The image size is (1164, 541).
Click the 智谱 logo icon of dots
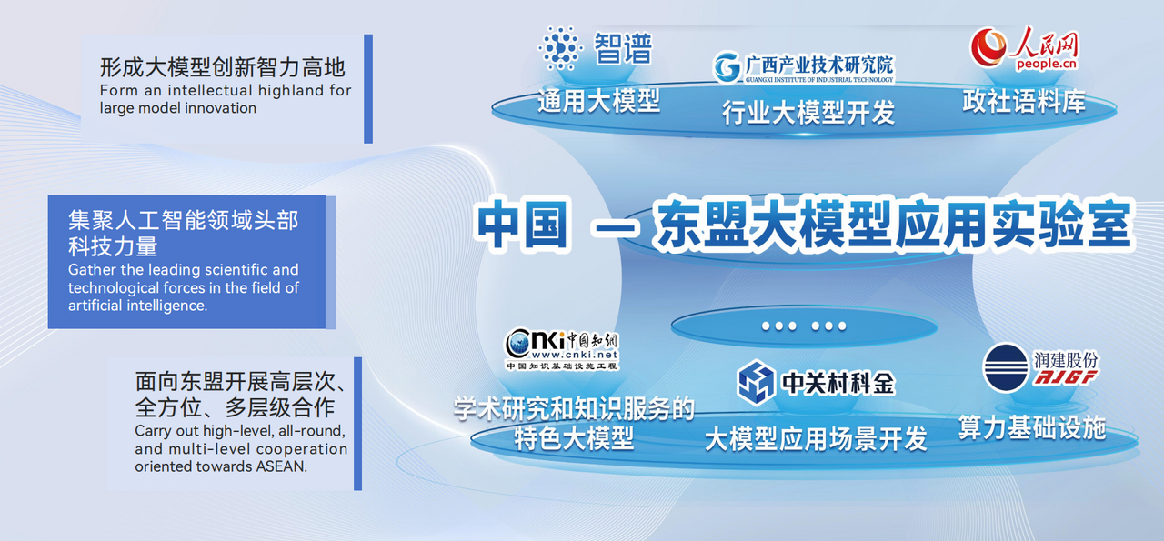(x=560, y=48)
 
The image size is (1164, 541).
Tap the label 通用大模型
(x=598, y=101)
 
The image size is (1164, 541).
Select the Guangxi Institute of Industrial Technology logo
(x=803, y=67)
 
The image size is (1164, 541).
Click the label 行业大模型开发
(x=808, y=112)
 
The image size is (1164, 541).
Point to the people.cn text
(x=1047, y=64)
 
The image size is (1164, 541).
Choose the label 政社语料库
(x=1024, y=101)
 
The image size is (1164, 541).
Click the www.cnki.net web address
(x=575, y=355)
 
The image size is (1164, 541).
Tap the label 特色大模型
(x=574, y=437)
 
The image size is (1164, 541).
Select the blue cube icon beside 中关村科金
(x=757, y=383)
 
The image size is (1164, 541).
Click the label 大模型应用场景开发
(x=816, y=439)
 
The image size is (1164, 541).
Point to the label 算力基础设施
(x=1032, y=427)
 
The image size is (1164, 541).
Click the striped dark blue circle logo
(x=1006, y=367)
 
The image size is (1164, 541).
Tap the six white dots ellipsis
(x=804, y=326)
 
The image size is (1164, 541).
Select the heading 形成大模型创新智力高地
(x=223, y=67)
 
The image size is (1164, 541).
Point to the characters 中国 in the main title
(x=522, y=225)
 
